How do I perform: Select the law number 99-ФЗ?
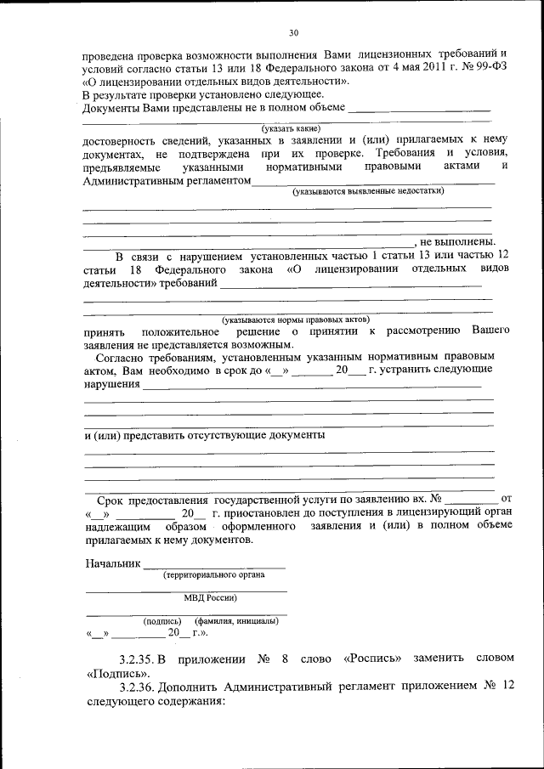491,69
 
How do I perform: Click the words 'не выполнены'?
459,241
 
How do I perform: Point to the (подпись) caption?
162,621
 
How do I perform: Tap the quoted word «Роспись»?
376,659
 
